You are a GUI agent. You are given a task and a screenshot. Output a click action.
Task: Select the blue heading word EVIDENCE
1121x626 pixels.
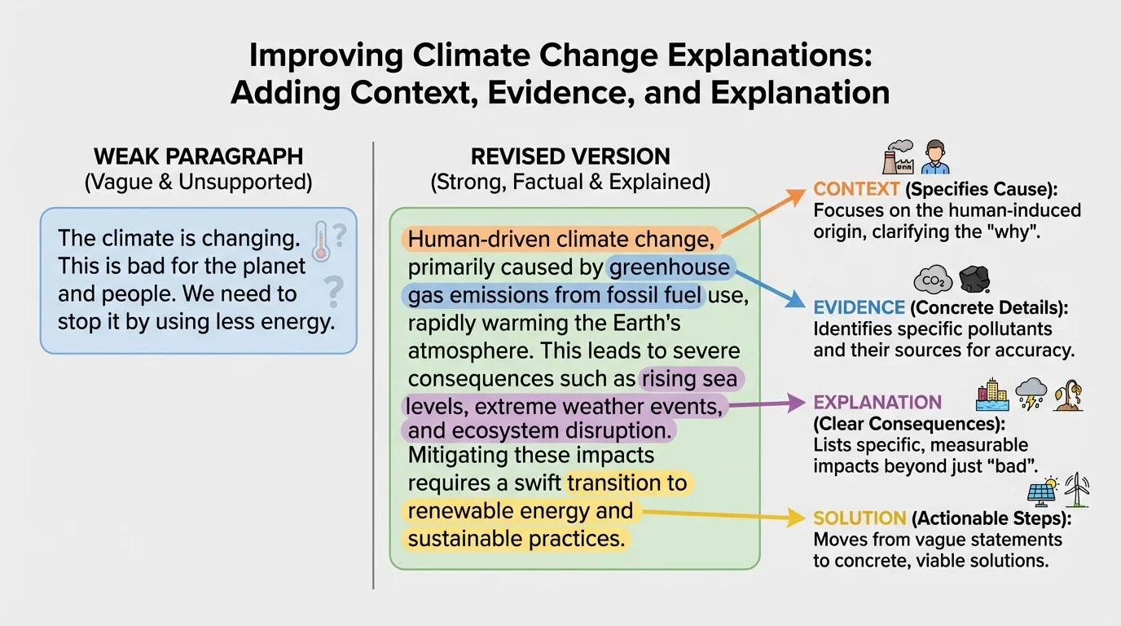859,307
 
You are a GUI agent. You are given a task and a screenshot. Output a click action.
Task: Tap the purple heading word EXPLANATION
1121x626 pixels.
877,403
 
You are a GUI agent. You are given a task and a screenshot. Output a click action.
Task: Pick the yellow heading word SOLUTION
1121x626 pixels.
859,518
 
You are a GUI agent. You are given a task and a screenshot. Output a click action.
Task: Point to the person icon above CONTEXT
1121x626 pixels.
935,156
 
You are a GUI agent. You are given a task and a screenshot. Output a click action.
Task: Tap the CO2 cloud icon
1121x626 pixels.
932,280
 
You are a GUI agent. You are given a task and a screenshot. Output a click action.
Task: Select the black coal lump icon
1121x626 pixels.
973,280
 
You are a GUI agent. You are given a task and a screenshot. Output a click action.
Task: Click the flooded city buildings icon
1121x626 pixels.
992,395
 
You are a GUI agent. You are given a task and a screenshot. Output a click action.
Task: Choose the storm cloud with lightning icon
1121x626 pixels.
1031,395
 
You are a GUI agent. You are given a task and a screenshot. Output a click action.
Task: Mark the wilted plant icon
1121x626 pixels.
1068,395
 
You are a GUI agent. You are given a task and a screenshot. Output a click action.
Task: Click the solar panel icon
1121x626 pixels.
1042,491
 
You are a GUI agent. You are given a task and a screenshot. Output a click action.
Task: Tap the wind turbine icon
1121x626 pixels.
1077,489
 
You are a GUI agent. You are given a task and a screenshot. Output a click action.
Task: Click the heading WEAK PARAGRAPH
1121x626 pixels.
198,156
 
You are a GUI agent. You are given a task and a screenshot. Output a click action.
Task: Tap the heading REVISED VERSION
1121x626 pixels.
570,156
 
